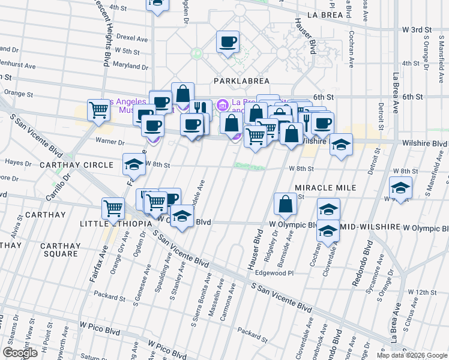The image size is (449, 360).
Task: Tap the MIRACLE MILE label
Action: point(325,188)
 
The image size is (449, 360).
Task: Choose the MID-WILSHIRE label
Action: point(369,229)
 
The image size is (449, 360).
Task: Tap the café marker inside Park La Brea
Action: point(228,43)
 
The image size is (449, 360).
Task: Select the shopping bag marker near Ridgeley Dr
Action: point(285,204)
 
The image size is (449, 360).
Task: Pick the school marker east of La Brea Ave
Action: point(400,188)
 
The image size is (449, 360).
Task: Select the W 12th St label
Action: point(423,292)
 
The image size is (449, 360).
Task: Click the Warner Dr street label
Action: point(110,142)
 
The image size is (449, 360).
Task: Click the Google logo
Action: point(20,353)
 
